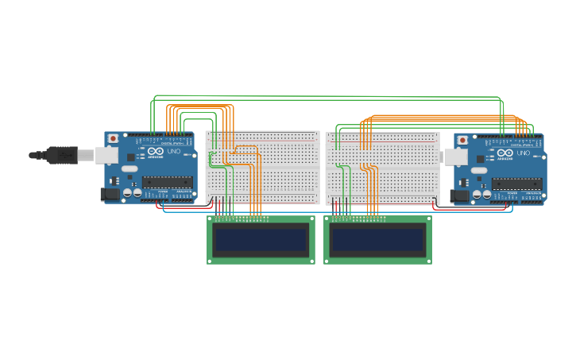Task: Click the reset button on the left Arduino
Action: click(x=113, y=138)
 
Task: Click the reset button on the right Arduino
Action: click(x=462, y=140)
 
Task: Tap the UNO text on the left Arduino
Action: click(x=173, y=152)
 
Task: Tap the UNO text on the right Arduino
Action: click(x=523, y=153)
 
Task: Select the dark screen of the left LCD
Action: click(x=261, y=240)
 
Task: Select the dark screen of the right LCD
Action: click(x=377, y=240)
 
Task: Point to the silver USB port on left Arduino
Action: click(x=106, y=155)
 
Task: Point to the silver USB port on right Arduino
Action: click(x=455, y=157)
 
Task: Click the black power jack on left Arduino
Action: click(x=110, y=193)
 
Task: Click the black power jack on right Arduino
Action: click(x=459, y=195)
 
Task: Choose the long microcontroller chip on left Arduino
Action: click(x=168, y=182)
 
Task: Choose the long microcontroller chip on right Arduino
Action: click(x=516, y=184)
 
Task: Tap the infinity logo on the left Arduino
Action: click(x=155, y=152)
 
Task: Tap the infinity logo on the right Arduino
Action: click(x=504, y=153)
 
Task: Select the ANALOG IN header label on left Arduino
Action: click(x=184, y=192)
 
